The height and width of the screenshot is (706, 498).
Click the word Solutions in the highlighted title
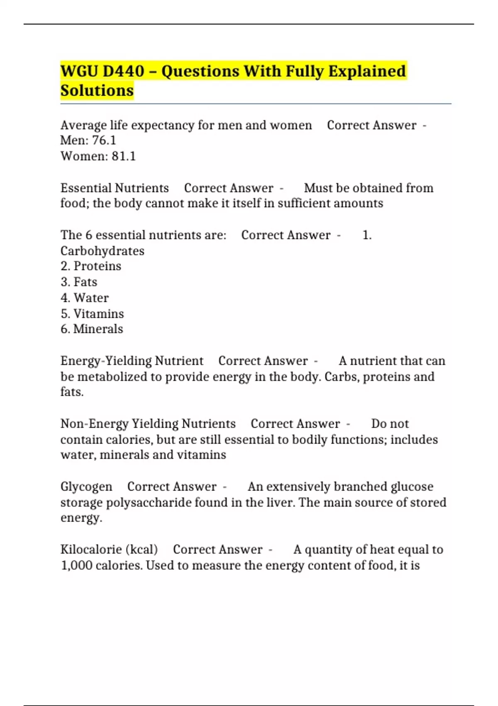[x=97, y=91]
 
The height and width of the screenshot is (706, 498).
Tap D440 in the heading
[x=123, y=71]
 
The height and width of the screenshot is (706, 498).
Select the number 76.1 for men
[x=104, y=140]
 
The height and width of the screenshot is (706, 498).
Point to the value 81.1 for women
[x=124, y=156]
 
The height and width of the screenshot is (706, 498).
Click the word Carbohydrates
[x=103, y=251]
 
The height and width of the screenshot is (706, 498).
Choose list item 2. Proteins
[x=91, y=266]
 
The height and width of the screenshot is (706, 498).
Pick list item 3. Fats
[x=79, y=282]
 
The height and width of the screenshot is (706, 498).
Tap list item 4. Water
[x=85, y=298]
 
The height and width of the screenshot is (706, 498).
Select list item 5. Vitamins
[x=92, y=314]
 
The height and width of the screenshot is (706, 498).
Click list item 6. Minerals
[x=92, y=329]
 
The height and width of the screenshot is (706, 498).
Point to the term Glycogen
[x=86, y=486]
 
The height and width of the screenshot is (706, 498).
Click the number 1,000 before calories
[x=76, y=566]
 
